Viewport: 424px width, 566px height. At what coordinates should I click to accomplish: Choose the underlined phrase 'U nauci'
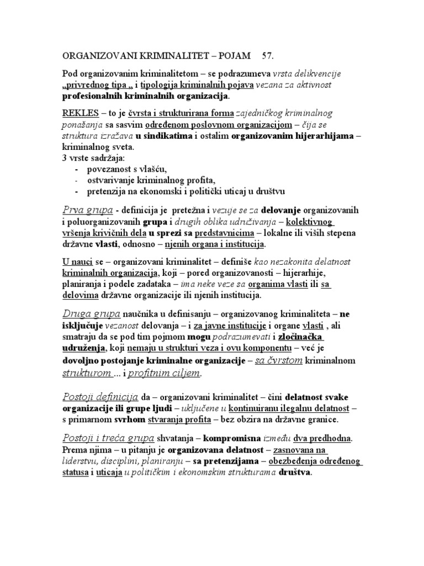point(76,261)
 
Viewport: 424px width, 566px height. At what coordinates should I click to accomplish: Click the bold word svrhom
point(131,420)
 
